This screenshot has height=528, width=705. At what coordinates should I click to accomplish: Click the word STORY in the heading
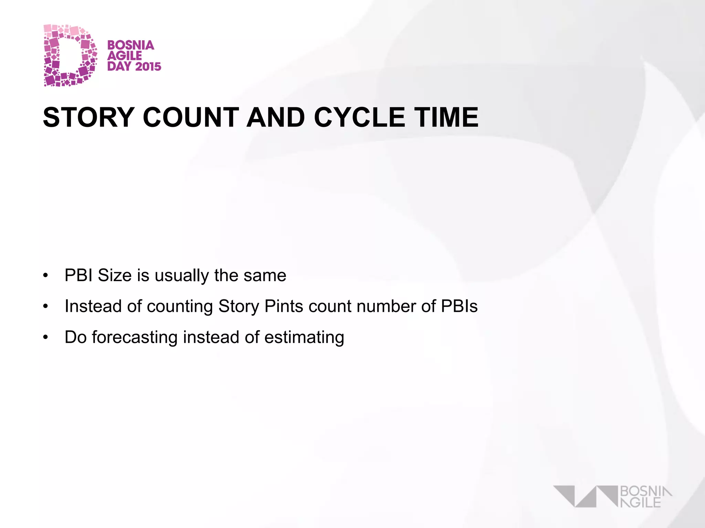point(88,117)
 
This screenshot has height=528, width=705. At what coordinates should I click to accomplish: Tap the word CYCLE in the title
point(359,117)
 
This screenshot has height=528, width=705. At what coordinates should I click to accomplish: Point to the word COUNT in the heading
point(191,117)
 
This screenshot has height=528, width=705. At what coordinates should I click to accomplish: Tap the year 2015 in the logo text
point(148,66)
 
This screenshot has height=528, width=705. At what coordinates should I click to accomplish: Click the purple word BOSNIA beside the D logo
point(130,45)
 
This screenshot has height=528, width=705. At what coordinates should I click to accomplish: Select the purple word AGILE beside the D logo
point(124,56)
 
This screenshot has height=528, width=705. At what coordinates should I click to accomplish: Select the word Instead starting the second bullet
point(93,306)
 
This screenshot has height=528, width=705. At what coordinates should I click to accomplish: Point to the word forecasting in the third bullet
point(135,338)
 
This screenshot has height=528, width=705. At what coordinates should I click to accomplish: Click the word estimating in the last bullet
point(304,338)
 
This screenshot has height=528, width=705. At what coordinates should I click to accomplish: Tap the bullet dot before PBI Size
point(45,276)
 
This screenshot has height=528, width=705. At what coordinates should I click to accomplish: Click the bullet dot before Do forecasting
point(45,338)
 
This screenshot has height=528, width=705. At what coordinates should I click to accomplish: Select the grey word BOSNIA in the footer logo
point(646,492)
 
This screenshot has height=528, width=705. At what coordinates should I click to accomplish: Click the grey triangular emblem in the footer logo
point(585,496)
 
